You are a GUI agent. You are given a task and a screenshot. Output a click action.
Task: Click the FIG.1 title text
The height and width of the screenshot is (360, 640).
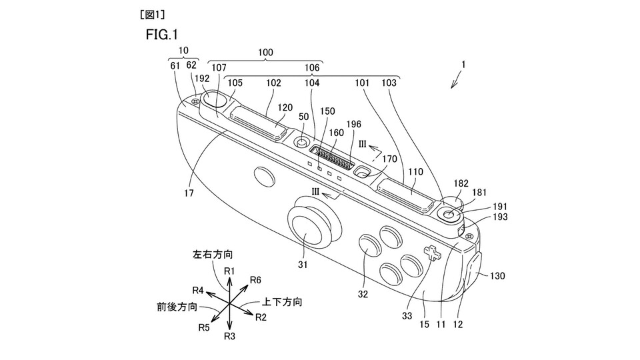pos(161,35)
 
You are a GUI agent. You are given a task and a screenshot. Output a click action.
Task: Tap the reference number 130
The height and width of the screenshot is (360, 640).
pos(497,276)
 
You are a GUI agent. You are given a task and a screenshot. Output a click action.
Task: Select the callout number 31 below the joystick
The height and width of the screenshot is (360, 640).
pos(303,265)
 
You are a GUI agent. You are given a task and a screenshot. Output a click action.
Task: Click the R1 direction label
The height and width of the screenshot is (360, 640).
pos(229,271)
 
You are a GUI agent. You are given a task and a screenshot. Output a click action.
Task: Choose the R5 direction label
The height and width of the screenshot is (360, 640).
pos(204,327)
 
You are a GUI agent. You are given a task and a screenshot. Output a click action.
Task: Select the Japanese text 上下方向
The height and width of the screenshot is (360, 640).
pos(282,302)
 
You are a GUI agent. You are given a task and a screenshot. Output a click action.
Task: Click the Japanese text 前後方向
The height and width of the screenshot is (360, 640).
pos(177,307)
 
